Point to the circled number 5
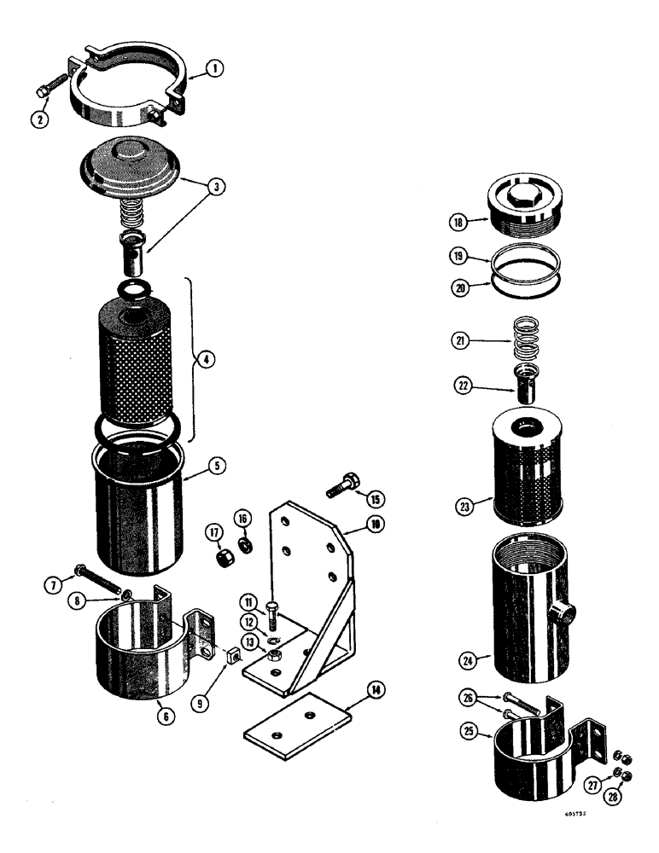(x=218, y=467)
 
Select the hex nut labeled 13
(x=277, y=654)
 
